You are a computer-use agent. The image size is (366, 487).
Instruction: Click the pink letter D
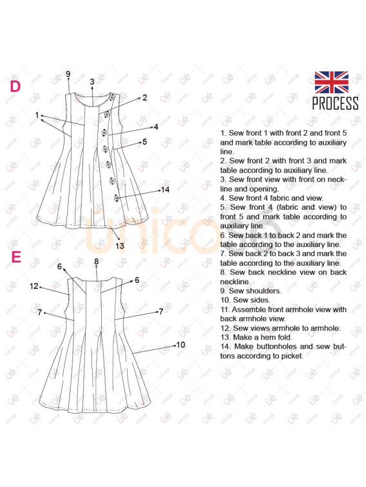coord(15,87)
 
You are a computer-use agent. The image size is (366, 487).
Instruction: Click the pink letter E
coord(16,257)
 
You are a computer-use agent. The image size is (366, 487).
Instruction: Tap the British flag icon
coord(331,82)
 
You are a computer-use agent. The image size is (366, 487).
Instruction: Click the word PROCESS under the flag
coord(335,103)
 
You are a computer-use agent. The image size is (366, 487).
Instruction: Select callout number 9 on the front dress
coord(68,74)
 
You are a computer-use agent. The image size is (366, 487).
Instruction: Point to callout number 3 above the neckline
coord(92,82)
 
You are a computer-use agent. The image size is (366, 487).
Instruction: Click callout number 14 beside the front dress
coord(165,189)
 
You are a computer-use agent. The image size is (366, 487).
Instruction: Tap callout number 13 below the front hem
coord(120,246)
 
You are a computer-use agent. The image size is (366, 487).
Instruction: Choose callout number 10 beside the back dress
coord(180,345)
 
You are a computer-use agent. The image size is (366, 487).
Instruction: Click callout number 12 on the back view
coord(34,286)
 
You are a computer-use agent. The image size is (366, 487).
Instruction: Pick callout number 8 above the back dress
coord(97,262)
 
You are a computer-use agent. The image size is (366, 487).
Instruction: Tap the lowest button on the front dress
coord(117,198)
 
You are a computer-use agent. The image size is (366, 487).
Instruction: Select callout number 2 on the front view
coord(144,98)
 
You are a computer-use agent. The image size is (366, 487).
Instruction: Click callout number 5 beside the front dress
coord(144,142)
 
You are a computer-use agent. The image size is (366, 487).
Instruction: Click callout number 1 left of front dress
coord(37,115)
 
